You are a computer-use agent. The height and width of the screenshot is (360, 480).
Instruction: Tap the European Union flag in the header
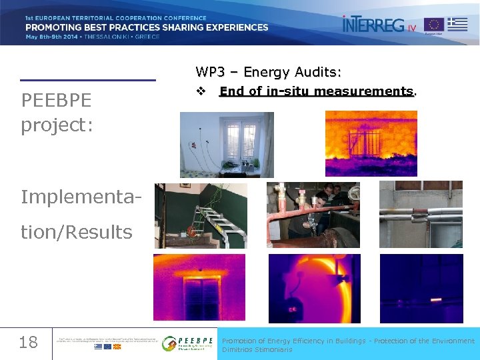(433, 25)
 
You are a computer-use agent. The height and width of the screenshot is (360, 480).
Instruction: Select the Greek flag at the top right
(457, 23)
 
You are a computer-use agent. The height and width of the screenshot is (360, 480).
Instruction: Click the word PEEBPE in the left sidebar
(56, 101)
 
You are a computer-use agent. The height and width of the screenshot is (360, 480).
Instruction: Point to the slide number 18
(28, 343)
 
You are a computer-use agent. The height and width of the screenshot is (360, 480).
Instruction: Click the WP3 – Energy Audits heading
(268, 71)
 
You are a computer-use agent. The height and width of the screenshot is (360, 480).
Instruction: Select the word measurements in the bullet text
(365, 91)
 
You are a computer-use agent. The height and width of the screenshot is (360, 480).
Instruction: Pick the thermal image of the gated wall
(370, 143)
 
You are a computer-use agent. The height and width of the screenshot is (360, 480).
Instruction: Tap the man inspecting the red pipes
(320, 203)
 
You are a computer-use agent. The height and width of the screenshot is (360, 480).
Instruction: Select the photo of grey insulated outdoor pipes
(420, 215)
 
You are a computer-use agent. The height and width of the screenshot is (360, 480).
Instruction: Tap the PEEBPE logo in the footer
(188, 343)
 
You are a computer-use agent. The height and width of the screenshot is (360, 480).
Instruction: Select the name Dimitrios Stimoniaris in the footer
(257, 349)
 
